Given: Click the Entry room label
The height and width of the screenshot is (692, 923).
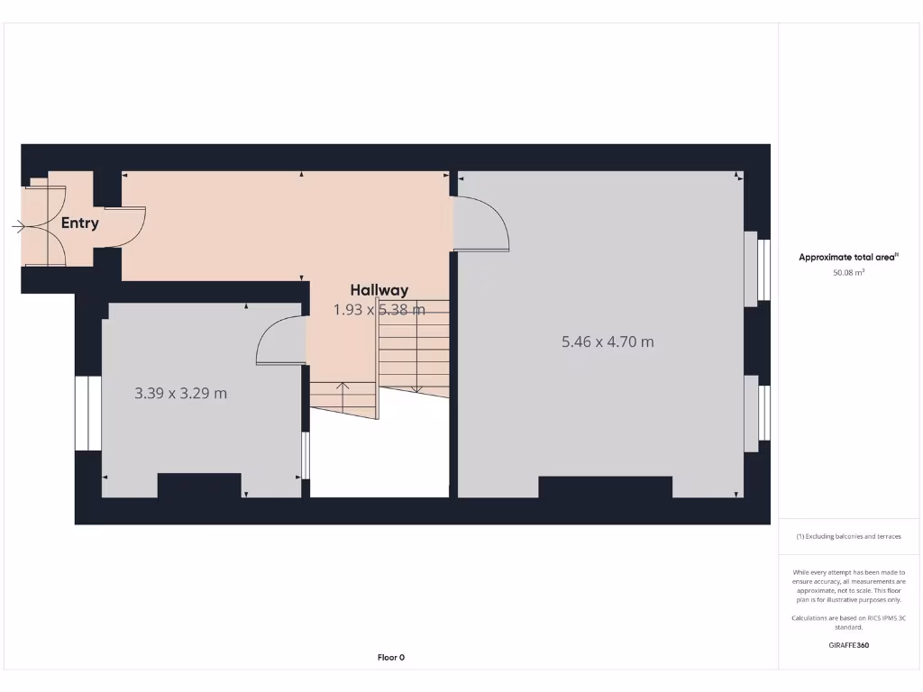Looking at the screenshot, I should click(80, 223).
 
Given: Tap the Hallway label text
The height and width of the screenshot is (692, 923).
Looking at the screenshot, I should click(379, 290).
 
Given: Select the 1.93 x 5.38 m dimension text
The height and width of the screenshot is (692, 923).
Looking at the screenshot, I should click(379, 310).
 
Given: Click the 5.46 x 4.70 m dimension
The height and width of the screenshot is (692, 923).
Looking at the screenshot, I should click(608, 341).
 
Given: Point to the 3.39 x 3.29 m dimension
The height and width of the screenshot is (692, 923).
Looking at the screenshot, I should click(180, 393).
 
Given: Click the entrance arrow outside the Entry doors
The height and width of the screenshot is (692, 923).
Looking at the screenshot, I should click(19, 226).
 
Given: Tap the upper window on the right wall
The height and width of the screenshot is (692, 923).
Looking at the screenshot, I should click(757, 269).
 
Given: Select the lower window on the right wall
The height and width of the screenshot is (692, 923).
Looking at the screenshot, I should click(757, 413).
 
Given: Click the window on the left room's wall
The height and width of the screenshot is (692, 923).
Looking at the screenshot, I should click(88, 413).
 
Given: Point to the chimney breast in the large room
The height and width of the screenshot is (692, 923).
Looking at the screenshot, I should click(605, 487).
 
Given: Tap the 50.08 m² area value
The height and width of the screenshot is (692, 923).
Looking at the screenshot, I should click(848, 271).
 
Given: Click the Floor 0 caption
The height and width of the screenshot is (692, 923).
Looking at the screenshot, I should click(390, 658).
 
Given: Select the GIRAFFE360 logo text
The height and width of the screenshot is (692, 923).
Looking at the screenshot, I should click(848, 645).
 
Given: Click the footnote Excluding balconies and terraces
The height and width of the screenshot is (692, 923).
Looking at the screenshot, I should click(848, 536).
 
